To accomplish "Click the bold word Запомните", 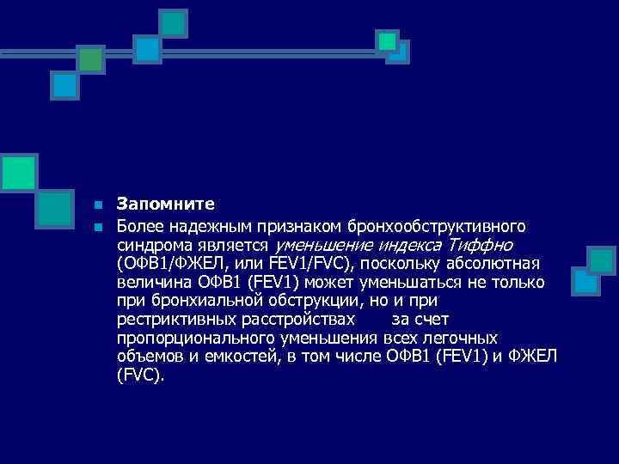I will [166, 205].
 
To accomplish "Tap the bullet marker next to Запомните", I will [99, 205].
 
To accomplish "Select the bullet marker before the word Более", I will [99, 226].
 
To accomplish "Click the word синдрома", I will [150, 244].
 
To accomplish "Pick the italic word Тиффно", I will [481, 244].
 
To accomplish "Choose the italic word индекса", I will [404, 244].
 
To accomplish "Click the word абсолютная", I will [490, 263].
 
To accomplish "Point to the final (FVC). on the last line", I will [140, 376].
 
